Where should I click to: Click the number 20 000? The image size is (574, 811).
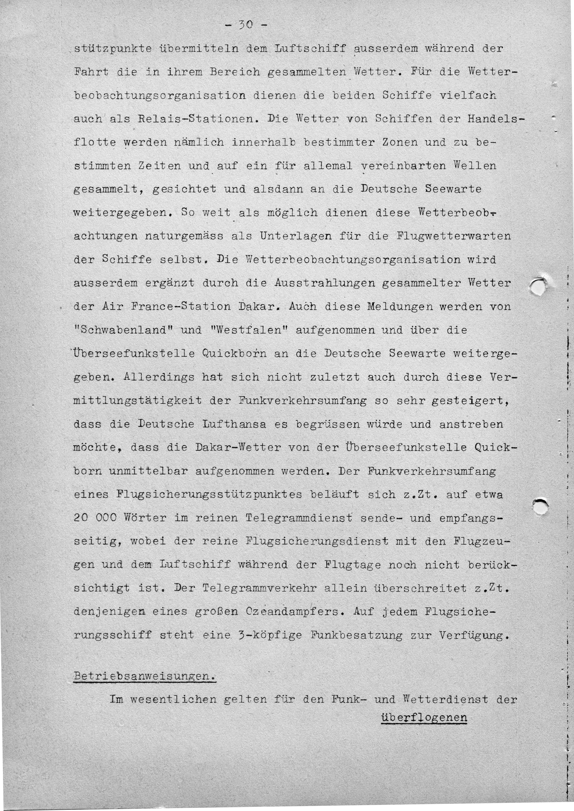(95, 518)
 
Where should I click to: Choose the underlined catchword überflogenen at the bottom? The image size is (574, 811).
(424, 717)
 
